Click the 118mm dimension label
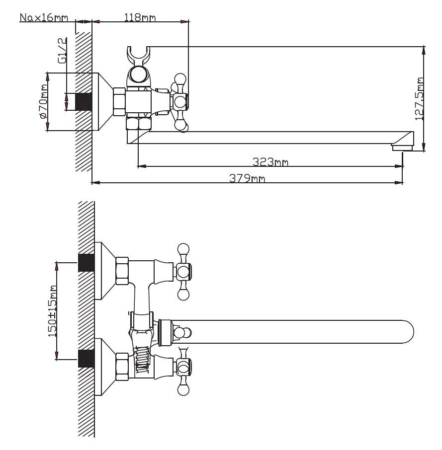[x=139, y=18]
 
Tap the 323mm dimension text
[x=270, y=162]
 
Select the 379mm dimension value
[x=247, y=178]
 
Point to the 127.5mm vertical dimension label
[x=420, y=98]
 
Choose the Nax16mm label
[x=43, y=18]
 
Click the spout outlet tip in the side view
[x=403, y=147]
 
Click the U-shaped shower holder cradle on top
[x=139, y=54]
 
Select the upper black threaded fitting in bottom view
[x=86, y=262]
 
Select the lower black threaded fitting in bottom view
[x=86, y=358]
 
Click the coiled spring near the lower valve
[x=142, y=359]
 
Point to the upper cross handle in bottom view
[x=183, y=271]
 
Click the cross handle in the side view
[x=179, y=102]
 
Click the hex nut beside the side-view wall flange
[x=119, y=102]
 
